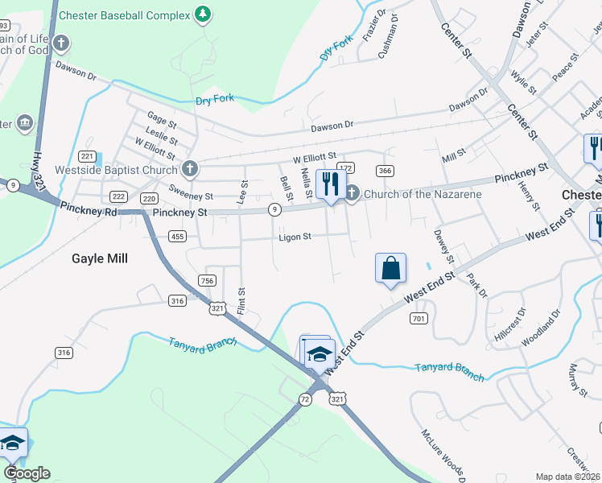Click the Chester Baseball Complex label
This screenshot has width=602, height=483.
click(x=126, y=15)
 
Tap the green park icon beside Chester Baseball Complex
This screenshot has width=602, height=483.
click(x=204, y=14)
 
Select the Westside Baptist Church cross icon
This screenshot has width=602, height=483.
click(x=189, y=169)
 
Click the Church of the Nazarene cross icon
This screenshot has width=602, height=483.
click(x=353, y=192)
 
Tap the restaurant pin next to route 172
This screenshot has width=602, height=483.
click(x=330, y=184)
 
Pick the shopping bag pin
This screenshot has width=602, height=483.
click(x=390, y=268)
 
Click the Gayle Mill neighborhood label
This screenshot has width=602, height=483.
click(x=101, y=258)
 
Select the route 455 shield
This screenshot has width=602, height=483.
click(x=178, y=236)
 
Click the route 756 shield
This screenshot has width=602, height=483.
click(x=208, y=280)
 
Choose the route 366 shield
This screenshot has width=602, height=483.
click(x=386, y=171)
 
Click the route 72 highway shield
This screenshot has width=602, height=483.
click(x=304, y=399)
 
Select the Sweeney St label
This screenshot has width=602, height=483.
click(x=191, y=196)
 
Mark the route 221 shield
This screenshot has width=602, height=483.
click(x=88, y=156)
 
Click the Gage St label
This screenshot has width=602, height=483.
click(x=162, y=120)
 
